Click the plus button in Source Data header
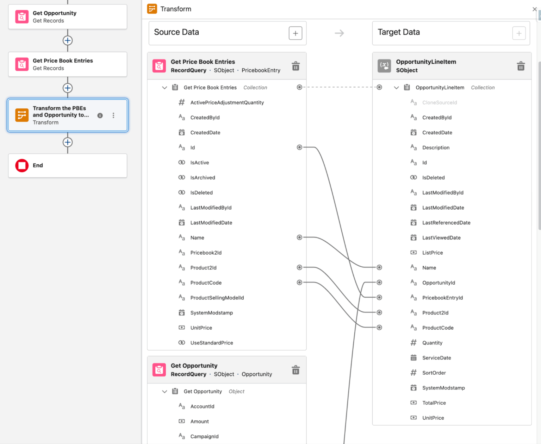coord(295,33)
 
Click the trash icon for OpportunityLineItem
coord(521,66)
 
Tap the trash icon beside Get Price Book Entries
coord(296,66)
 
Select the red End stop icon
coord(22,165)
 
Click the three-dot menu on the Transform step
coord(113,115)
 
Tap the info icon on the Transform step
coord(100,115)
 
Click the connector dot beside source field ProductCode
coord(299,282)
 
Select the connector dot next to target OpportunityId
coord(379,282)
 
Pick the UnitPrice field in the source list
coord(201,328)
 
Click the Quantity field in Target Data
coord(432,343)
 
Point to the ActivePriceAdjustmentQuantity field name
coord(227,102)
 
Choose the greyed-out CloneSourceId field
coord(440,102)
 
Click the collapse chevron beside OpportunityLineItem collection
coord(396,88)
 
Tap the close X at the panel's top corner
coord(534,9)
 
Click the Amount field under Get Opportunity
coord(199,421)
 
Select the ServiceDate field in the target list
coord(436,358)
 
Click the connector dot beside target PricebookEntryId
coord(379,297)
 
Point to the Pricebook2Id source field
coord(206,253)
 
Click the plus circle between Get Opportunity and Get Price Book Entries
coord(68,40)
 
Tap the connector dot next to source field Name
coord(299,237)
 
